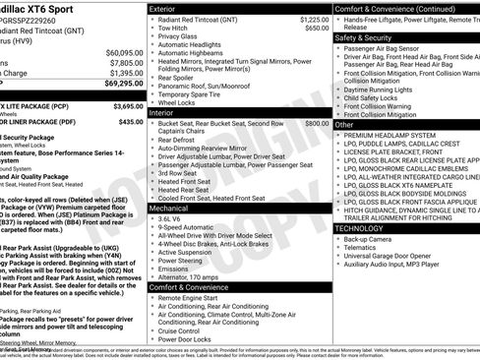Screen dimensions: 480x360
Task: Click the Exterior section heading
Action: (164, 8)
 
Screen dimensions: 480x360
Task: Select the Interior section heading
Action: (162, 113)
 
